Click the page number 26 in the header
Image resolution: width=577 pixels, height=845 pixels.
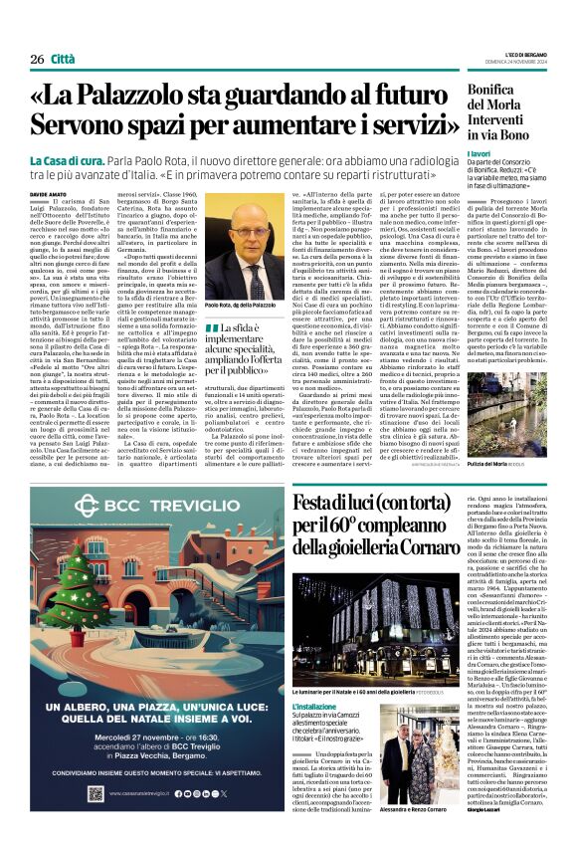pyautogui.click(x=37, y=59)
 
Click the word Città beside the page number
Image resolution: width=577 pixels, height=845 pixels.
pyautogui.click(x=66, y=59)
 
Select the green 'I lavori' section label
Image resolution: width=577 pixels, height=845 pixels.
pyautogui.click(x=479, y=154)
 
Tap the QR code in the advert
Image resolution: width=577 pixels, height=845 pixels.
pyautogui.click(x=95, y=793)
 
